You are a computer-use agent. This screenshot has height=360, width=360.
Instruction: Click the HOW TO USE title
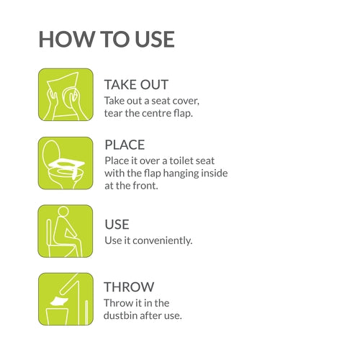tap(107, 39)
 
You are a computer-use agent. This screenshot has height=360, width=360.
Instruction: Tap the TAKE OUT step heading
tap(136, 85)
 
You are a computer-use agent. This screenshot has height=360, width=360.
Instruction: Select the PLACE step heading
tap(125, 145)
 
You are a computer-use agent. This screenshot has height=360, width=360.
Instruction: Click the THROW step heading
tap(129, 287)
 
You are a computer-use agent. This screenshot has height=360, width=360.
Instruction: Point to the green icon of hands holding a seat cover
tap(66, 94)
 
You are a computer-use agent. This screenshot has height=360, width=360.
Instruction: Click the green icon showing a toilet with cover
tap(66, 163)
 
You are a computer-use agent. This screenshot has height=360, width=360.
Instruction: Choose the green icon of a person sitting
tap(66, 231)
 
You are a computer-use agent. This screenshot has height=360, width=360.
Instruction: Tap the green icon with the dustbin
tap(66, 299)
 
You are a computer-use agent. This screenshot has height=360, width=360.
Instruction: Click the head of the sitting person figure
tap(63, 212)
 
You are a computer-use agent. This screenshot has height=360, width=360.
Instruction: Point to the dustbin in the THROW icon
tap(57, 317)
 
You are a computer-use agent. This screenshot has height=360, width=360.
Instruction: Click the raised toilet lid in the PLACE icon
tap(51, 152)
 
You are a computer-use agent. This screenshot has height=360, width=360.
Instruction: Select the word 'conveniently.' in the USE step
tap(163, 240)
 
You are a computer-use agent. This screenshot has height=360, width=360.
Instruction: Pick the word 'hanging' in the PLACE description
tap(181, 174)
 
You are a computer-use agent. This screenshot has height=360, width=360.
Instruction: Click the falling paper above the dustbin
tap(60, 301)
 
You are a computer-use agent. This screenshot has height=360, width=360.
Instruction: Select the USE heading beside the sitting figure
tap(117, 225)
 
